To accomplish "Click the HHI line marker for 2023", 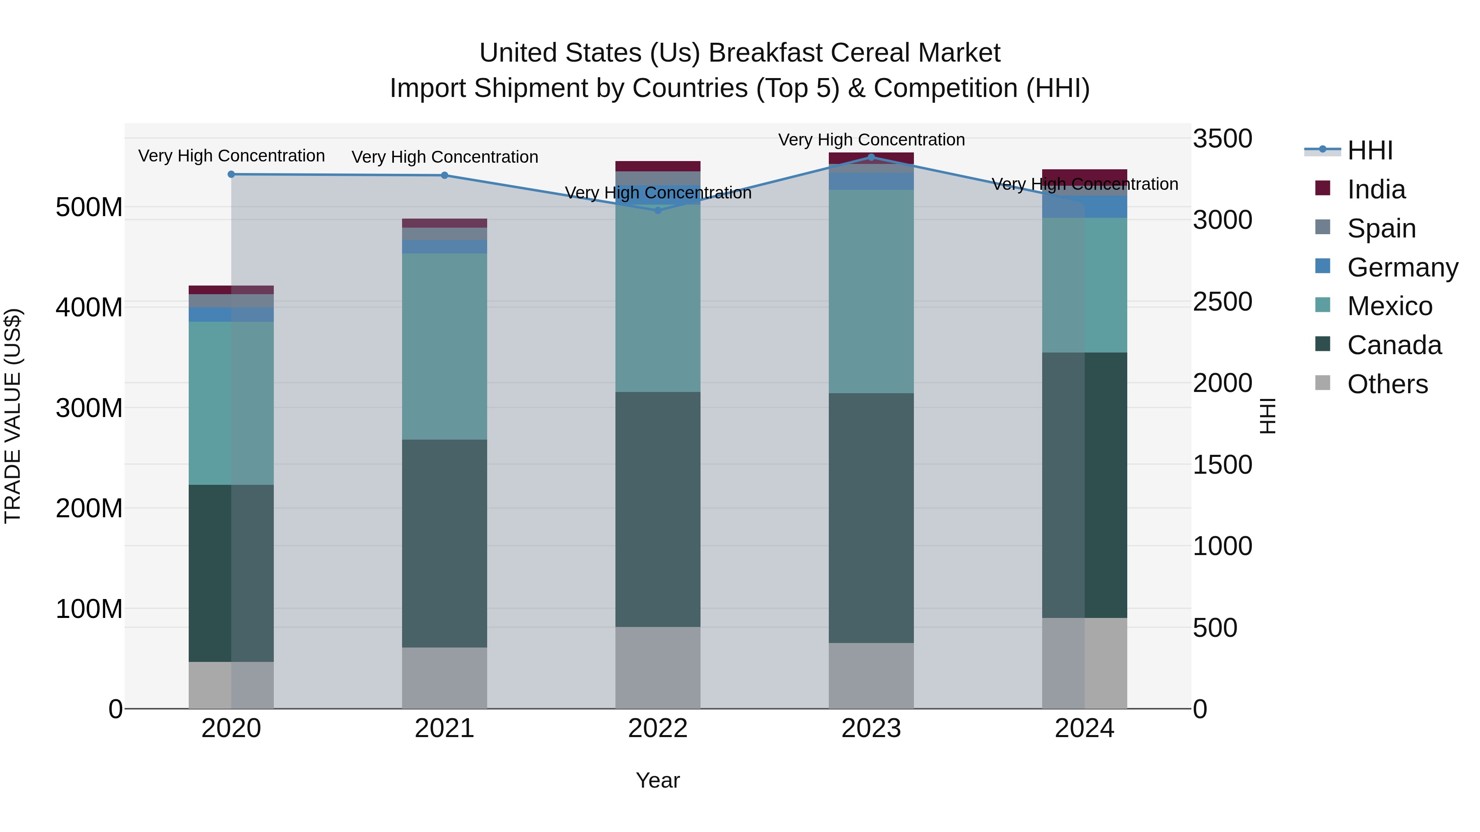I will click(x=871, y=157).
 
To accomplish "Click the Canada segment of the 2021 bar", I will click(x=444, y=543).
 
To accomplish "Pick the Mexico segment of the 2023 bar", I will click(x=871, y=291).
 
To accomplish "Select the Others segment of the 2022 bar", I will click(x=658, y=667).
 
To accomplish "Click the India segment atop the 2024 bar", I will click(x=1084, y=175).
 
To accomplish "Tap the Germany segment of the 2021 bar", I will click(x=444, y=247).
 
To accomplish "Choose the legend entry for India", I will click(x=1376, y=189).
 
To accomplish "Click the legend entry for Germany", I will click(x=1401, y=267).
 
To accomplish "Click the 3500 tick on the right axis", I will click(x=1222, y=139).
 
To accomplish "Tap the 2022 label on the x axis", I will click(x=658, y=728).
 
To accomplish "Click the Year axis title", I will click(x=658, y=780).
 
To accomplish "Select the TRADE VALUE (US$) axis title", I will click(x=13, y=416).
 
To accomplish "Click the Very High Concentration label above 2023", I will click(x=871, y=140).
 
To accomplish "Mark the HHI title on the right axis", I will click(x=1267, y=416).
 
